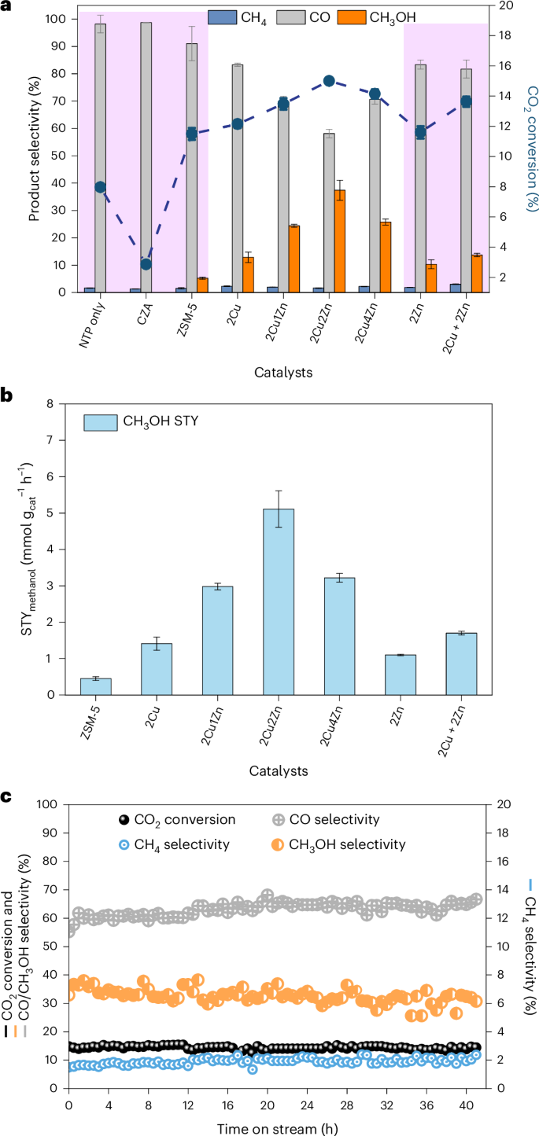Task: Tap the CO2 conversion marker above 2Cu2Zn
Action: point(329,81)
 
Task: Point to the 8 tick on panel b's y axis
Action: point(52,404)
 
